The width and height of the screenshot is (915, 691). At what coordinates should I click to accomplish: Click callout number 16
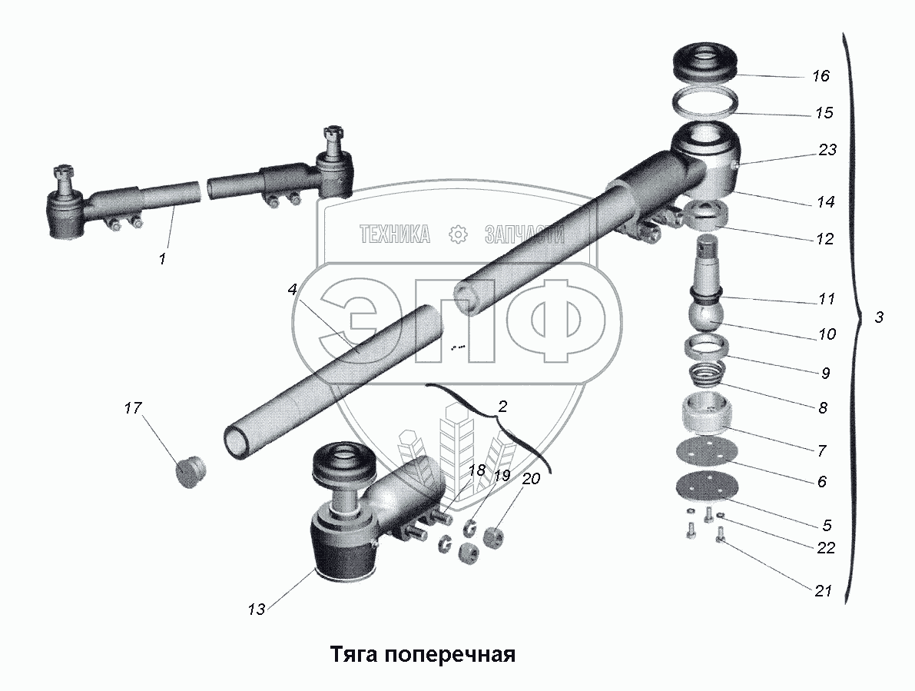tap(821, 76)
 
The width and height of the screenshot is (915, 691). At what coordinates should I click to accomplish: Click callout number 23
tap(827, 151)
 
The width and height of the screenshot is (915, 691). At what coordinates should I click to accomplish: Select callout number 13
tap(256, 609)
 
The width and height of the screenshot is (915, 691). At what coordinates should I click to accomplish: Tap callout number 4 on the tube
tap(292, 290)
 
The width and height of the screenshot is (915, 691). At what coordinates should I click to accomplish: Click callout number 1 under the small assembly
tap(162, 259)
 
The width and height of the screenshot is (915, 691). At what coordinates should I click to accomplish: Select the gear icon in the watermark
tap(458, 235)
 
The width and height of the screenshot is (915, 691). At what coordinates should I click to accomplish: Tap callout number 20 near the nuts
tap(531, 478)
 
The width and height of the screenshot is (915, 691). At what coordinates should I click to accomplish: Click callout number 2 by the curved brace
tap(502, 406)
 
